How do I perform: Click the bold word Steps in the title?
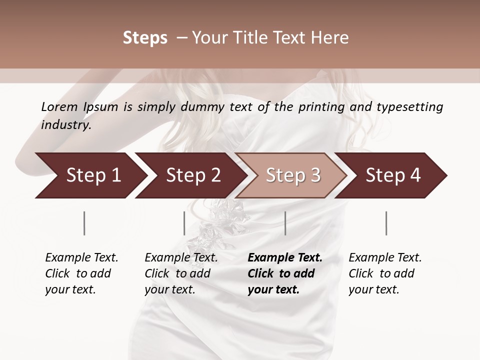145,38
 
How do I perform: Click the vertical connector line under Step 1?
84,223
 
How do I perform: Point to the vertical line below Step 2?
184,223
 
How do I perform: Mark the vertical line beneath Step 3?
285,223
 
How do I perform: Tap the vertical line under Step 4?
386,223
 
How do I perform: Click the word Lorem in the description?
59,106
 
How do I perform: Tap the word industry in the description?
66,124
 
